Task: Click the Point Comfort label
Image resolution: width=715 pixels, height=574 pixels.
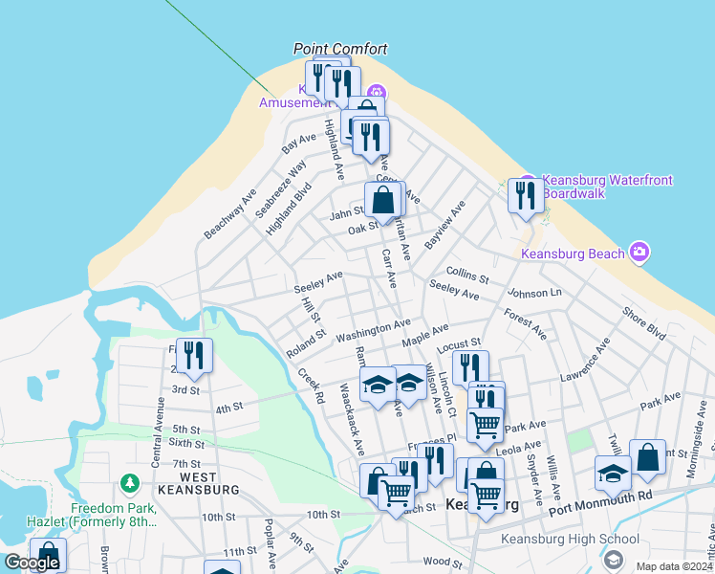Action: pyautogui.click(x=340, y=49)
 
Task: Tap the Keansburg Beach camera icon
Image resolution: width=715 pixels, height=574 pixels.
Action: pyautogui.click(x=639, y=253)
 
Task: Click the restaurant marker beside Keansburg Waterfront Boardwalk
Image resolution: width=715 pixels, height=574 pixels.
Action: pyautogui.click(x=525, y=196)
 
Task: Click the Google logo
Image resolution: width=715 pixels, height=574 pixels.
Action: pyautogui.click(x=32, y=563)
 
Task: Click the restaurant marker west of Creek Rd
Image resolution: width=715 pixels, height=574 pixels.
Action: pyautogui.click(x=194, y=356)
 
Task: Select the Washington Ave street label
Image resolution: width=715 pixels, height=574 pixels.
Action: pyautogui.click(x=373, y=331)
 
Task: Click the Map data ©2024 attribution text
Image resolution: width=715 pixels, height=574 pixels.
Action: pyautogui.click(x=674, y=566)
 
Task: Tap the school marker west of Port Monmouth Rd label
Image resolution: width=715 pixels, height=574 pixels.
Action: pyautogui.click(x=613, y=474)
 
